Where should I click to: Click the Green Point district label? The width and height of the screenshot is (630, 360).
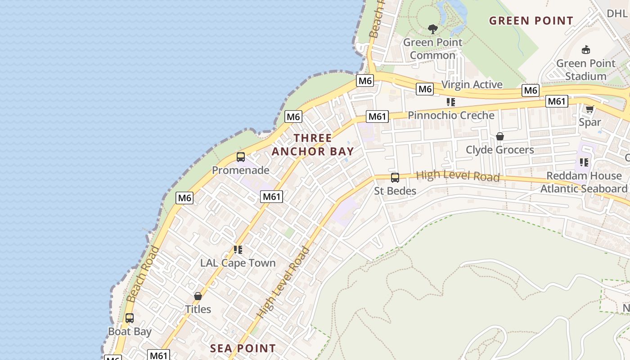coord(531,21)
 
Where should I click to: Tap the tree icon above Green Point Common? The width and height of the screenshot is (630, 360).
coord(433,30)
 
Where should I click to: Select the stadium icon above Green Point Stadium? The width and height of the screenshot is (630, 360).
coord(586,49)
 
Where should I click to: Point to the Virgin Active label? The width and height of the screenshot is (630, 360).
coord(472,85)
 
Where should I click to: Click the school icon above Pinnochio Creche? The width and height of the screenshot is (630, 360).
coord(451,102)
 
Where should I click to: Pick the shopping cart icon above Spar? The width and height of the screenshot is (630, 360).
coord(589,109)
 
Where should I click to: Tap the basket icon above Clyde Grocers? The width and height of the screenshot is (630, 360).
coord(499,136)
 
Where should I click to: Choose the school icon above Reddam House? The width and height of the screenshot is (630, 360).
coord(584,162)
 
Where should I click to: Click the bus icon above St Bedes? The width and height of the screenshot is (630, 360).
coord(395,178)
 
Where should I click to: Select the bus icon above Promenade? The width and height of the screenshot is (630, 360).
coord(241,157)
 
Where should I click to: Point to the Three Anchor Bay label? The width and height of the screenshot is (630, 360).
coord(313,144)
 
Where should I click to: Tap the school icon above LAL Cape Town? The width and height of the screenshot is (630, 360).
coord(238,250)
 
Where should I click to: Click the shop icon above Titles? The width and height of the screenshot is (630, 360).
coord(198,296)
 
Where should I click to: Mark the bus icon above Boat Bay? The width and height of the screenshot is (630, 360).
coord(130,318)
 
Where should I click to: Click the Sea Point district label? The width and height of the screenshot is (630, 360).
coord(243,348)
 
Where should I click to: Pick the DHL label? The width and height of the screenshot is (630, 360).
coord(617,13)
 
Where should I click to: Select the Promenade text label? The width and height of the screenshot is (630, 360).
coord(241,170)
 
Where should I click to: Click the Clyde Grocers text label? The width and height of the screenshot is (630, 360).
coord(499,150)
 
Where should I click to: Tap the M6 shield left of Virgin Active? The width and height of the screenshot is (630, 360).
coord(425,89)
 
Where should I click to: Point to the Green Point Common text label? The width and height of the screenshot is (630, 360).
coord(432,49)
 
